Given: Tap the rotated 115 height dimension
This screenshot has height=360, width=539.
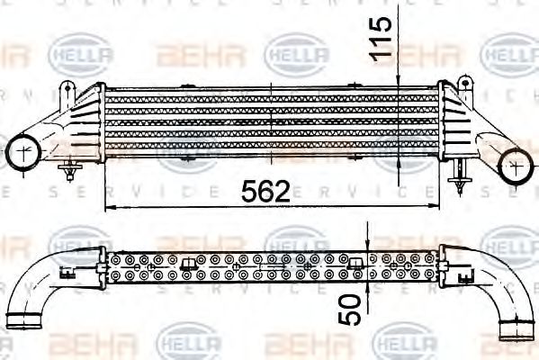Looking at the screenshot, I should point(382,38).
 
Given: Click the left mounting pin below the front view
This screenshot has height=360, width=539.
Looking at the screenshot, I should point(70,169).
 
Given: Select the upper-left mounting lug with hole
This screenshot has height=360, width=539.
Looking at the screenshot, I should point(67,91).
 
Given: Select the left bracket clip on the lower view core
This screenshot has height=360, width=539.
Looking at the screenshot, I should point(187,263).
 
